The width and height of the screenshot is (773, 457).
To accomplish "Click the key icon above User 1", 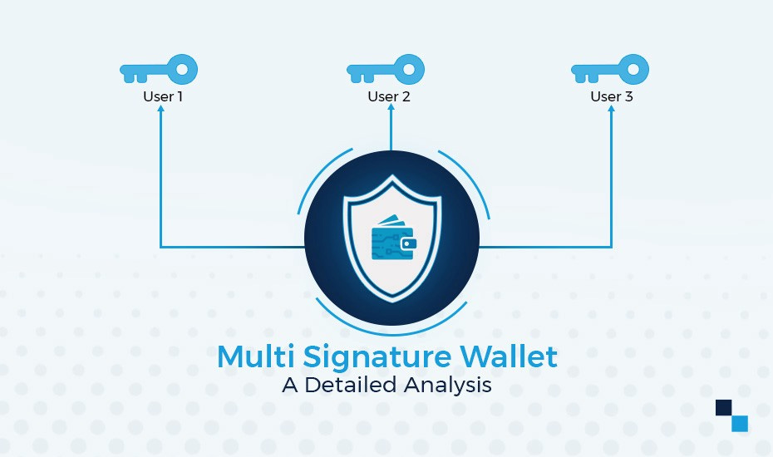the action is pos(159,70).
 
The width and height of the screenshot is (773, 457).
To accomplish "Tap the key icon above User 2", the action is pos(385,70).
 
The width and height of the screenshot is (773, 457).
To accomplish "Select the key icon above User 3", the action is pos(609,70).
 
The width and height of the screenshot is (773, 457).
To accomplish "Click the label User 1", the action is pos(163,96).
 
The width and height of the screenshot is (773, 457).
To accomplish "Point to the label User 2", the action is pos(389,96).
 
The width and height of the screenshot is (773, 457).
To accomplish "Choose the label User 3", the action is pos(612,96).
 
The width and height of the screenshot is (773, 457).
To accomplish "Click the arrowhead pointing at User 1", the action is pos(160,110).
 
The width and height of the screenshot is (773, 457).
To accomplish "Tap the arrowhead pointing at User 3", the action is pos(612,110).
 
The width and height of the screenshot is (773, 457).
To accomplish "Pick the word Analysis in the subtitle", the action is pos(448,386).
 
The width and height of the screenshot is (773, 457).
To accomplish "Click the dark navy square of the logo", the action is pos(723,407).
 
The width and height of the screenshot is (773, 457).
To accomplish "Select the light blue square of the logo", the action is pos(740,424).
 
